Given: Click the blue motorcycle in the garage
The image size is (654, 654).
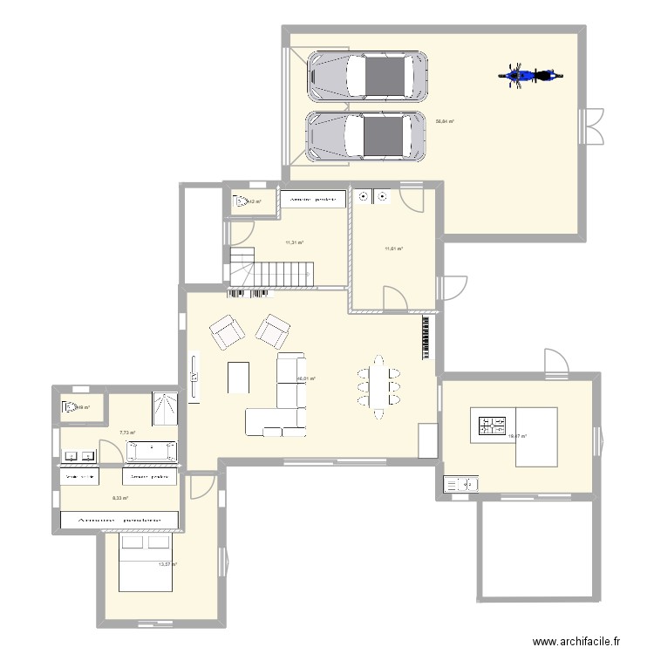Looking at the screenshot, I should pos(528,75).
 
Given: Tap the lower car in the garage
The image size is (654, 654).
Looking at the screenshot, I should pos(367,136).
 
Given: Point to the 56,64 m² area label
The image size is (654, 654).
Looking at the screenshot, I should pos(445,122).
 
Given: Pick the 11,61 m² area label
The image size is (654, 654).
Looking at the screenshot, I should pos(393,249).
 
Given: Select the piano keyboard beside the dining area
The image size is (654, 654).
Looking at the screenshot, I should pos(426,338).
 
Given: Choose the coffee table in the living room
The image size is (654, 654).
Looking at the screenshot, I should pos(238,378).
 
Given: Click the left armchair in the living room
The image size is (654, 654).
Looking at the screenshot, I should pos(227,331).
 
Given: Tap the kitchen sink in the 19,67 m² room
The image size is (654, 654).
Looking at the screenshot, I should pos(461,482).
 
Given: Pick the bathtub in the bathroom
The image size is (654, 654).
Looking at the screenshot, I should pos(152,451).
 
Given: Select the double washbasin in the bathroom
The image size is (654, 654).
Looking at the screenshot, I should pos(79,455).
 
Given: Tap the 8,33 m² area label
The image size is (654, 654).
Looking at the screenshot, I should pos(120,498).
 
